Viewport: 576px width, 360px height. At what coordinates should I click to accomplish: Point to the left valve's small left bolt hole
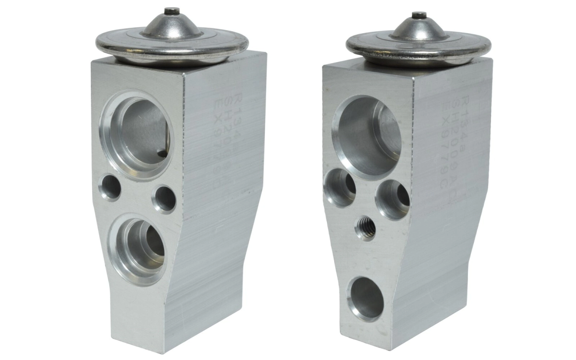point(110,187)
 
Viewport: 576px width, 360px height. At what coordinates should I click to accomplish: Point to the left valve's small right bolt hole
point(165,199)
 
